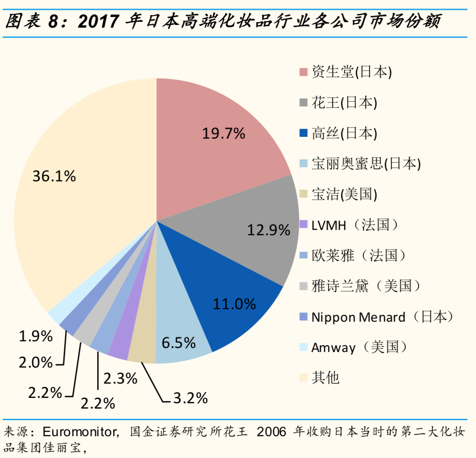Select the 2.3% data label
pos(120,379)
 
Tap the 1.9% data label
pos(36,336)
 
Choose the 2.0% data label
pos(36,363)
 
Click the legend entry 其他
pos(325,378)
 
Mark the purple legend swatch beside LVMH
pos(304,225)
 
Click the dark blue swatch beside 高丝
pos(304,133)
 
